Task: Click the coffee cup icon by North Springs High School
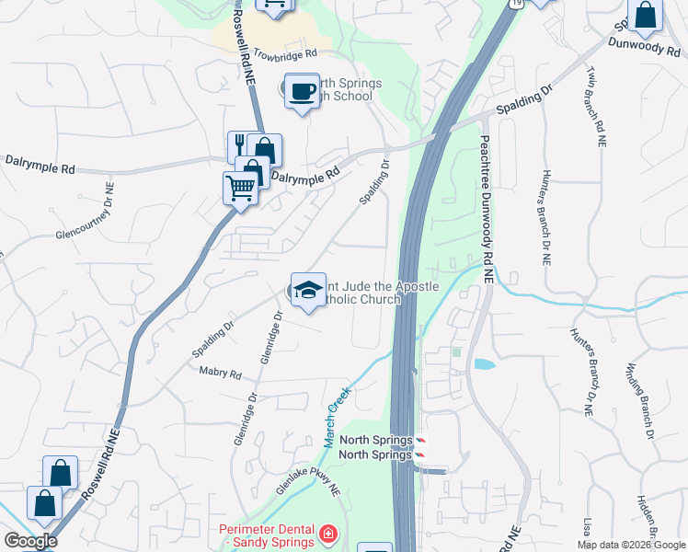click(x=302, y=91)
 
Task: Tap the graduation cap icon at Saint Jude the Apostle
click(x=308, y=289)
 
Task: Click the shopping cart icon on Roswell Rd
click(x=239, y=187)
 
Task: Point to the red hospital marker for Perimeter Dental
click(x=327, y=534)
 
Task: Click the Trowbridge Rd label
click(x=285, y=55)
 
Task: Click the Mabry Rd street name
click(x=220, y=374)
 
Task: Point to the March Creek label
click(x=338, y=417)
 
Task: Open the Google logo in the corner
click(x=31, y=541)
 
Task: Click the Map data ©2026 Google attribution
click(x=631, y=545)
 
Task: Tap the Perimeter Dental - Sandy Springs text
click(x=267, y=535)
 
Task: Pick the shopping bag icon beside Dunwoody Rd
click(x=646, y=16)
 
